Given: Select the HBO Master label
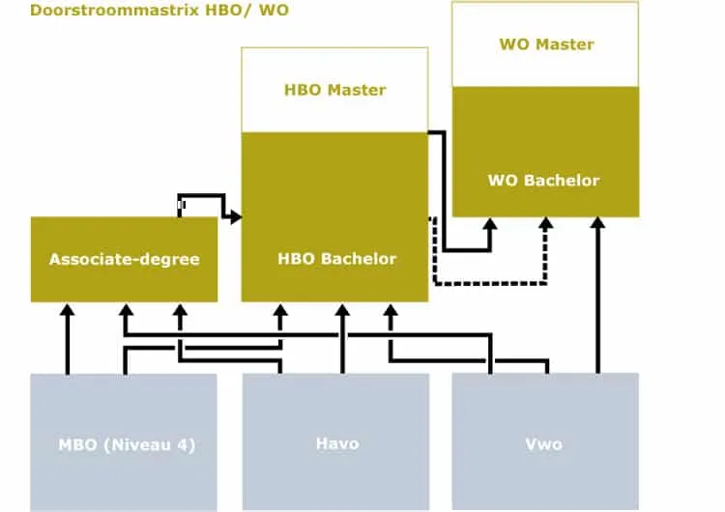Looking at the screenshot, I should pyautogui.click(x=334, y=90).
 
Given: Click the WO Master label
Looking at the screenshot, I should pyautogui.click(x=546, y=44).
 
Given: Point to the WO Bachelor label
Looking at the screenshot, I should pyautogui.click(x=543, y=180).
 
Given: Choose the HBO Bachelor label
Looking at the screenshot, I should pyautogui.click(x=336, y=258).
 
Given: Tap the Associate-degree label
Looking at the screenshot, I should pyautogui.click(x=124, y=259).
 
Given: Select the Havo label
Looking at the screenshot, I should pyautogui.click(x=336, y=443).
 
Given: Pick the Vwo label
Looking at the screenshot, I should pyautogui.click(x=545, y=444).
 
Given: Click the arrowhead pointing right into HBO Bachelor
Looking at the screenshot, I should pyautogui.click(x=234, y=216).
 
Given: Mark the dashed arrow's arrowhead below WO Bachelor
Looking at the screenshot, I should pyautogui.click(x=546, y=224).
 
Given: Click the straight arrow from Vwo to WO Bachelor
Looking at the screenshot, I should pyautogui.click(x=598, y=299).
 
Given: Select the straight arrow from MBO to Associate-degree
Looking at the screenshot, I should pyautogui.click(x=67, y=338).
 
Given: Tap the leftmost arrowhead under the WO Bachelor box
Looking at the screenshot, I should pyautogui.click(x=490, y=224).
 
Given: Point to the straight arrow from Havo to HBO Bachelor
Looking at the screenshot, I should pyautogui.click(x=341, y=338).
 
